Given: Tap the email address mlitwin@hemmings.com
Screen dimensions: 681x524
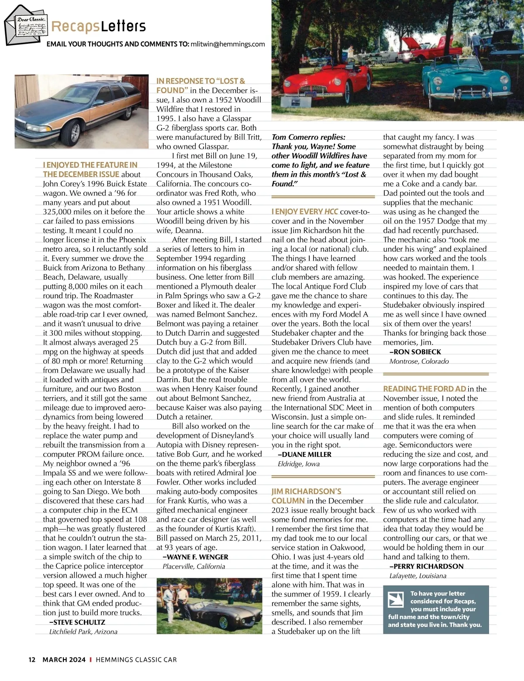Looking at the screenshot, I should click(228, 44).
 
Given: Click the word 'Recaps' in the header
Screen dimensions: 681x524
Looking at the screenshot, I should click(75, 27).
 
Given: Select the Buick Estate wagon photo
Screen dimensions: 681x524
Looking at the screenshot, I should click(79, 111).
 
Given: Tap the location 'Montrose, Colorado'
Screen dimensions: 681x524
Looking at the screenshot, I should click(419, 361).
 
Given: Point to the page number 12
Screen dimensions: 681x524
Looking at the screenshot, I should click(32, 660).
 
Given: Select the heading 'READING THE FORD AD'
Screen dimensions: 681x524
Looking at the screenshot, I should click(424, 389).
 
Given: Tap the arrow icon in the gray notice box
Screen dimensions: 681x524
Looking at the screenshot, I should click(396, 599).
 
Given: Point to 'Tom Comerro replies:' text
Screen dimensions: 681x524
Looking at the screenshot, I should click(308, 137).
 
